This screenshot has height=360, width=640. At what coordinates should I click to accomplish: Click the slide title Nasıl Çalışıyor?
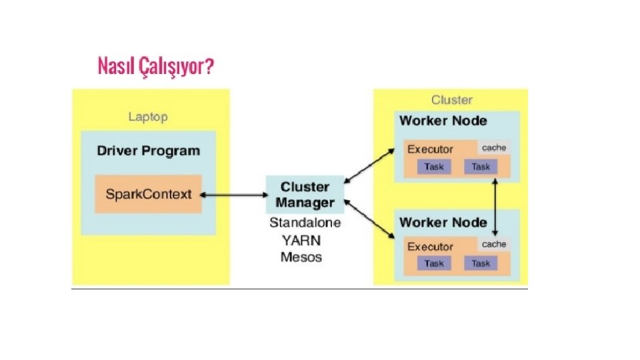(156, 67)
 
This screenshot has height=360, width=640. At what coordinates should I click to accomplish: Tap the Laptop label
(147, 117)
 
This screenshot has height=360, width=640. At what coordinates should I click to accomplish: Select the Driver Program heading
(148, 151)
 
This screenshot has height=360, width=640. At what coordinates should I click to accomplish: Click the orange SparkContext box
(148, 195)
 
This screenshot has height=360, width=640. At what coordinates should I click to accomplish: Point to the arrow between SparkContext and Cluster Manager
(233, 195)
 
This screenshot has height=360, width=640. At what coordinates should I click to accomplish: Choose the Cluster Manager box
(305, 194)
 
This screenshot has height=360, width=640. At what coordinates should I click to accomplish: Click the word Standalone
(305, 223)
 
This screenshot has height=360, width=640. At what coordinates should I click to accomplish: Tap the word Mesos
(301, 257)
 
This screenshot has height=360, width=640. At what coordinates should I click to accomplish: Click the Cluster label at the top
(451, 100)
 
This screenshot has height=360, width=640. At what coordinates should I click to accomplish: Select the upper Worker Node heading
(443, 121)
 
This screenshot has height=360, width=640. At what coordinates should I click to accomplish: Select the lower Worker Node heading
(443, 222)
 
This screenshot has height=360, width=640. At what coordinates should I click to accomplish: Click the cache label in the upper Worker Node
(493, 147)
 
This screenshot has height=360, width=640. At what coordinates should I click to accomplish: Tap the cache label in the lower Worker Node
(493, 244)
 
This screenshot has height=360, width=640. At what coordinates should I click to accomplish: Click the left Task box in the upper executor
(434, 167)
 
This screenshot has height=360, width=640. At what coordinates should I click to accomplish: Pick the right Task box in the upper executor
(480, 167)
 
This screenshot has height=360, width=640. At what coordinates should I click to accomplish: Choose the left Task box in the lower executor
(434, 264)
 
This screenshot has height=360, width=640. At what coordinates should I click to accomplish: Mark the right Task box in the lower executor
(480, 264)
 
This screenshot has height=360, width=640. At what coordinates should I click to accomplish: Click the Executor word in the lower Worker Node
(430, 247)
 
